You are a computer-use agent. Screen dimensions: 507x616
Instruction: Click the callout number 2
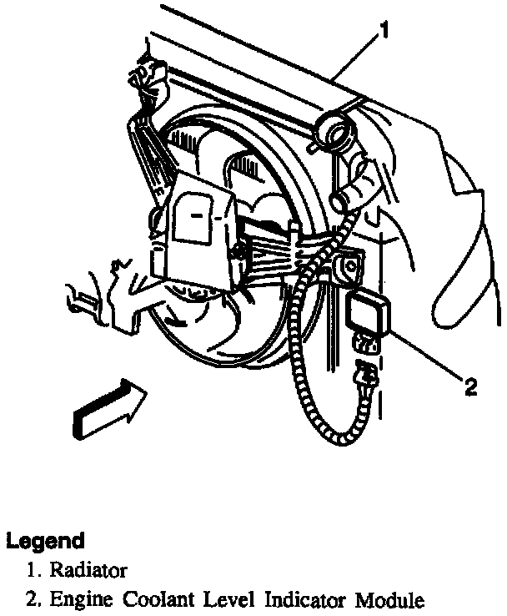pyautogui.click(x=470, y=386)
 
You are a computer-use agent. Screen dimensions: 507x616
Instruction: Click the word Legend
pyautogui.click(x=45, y=540)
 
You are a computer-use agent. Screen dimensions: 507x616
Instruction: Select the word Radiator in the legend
pyautogui.click(x=88, y=571)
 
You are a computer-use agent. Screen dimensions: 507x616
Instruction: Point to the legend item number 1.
pyautogui.click(x=32, y=571)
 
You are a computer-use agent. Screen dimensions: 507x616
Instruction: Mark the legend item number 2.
pyautogui.click(x=32, y=599)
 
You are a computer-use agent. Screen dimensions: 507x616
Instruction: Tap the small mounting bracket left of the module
pyautogui.click(x=344, y=268)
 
